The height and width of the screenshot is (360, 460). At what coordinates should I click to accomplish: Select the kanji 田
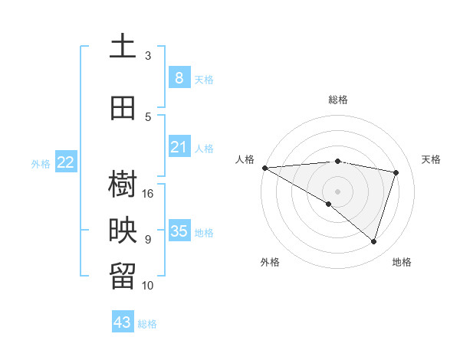[x=123, y=109]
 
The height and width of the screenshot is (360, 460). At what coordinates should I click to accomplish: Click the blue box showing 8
[x=179, y=77]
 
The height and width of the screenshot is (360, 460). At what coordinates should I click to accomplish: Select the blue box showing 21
[x=179, y=147]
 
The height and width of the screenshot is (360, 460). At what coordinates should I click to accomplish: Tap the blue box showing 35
[x=179, y=231]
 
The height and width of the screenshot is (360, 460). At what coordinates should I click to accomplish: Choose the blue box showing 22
[x=66, y=162]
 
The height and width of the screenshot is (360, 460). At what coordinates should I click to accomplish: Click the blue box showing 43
[x=123, y=322]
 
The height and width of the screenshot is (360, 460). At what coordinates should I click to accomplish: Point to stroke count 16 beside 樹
[x=149, y=194]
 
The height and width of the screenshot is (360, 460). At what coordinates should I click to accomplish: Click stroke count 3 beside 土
[x=148, y=56]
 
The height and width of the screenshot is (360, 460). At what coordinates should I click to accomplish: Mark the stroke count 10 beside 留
[x=149, y=286]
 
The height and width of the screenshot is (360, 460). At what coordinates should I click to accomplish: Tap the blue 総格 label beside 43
[x=148, y=324]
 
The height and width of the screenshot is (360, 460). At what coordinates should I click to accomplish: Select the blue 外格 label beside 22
[x=41, y=163]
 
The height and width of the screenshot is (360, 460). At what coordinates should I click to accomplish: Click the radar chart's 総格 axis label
[x=338, y=100]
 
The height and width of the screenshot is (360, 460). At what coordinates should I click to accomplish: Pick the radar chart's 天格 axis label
[x=432, y=159]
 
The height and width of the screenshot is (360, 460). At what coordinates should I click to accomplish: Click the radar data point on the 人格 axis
[x=264, y=167]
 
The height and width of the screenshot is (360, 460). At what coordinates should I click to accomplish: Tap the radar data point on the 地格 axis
[x=373, y=241]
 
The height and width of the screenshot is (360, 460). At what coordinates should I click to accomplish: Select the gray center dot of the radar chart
[x=337, y=191]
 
